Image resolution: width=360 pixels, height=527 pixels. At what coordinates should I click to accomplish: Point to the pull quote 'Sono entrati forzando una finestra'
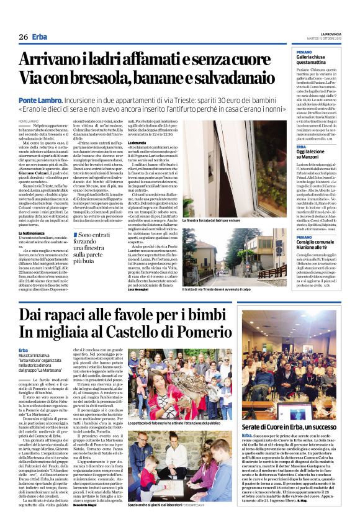pos(97,248)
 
